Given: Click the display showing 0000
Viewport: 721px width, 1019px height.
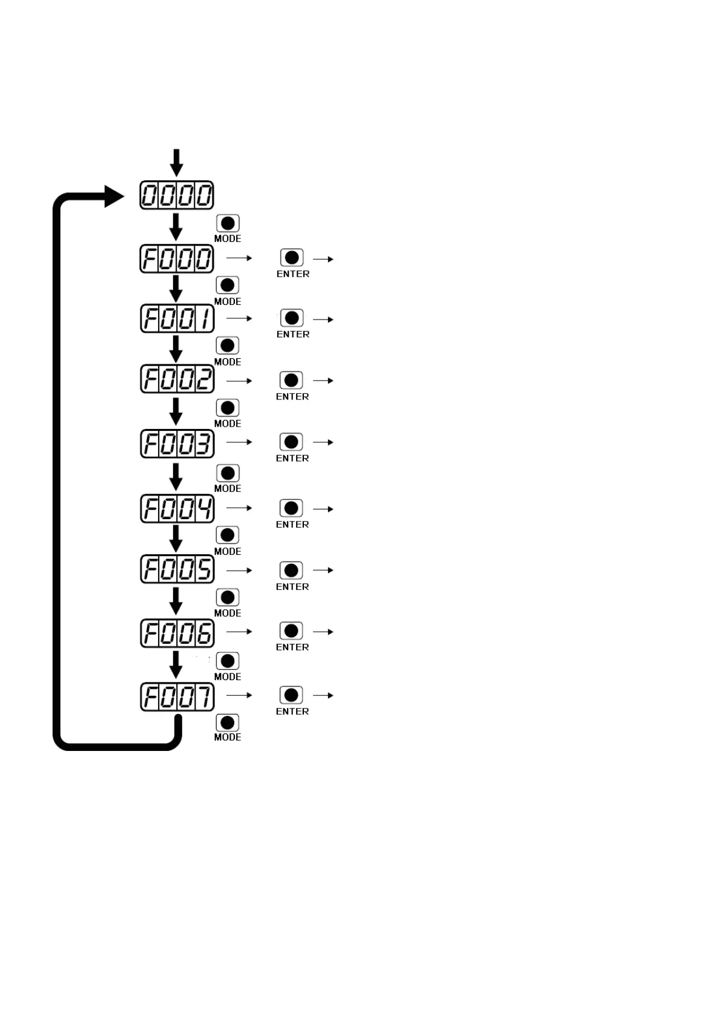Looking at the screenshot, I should point(177,195).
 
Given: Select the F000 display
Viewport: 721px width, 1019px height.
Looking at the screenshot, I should point(177,259).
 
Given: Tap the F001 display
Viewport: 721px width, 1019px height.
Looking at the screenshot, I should point(177,318).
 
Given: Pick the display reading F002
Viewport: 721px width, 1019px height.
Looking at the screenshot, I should point(177,379).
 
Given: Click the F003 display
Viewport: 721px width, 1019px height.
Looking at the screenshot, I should point(177,444).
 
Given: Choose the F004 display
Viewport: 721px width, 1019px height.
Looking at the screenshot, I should point(177,508).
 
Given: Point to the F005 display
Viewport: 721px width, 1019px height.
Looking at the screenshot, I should point(177,569).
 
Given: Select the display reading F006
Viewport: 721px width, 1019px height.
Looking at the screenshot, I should point(177,634).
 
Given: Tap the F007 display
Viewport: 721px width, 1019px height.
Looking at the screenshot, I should point(177,697).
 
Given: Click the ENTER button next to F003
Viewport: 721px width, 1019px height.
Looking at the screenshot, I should point(291,442).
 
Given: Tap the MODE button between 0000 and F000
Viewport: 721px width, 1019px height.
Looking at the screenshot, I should point(228,223).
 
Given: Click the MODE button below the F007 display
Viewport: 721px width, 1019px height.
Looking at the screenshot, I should point(228,722).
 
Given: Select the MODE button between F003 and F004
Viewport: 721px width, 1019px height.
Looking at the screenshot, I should point(228,473).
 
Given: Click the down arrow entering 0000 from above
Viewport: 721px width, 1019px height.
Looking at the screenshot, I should point(176,162).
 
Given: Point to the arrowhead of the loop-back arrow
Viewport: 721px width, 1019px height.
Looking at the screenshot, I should point(113,197).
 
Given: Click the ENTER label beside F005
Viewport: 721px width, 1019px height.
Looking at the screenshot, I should point(292,587).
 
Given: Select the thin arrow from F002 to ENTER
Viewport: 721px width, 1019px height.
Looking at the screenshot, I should point(239,381).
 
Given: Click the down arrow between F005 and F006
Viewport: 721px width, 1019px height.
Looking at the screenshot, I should point(176,600).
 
